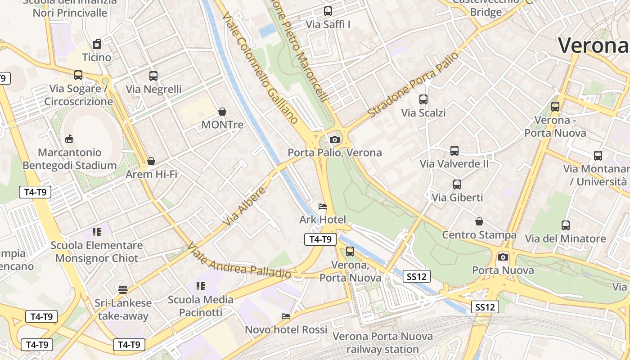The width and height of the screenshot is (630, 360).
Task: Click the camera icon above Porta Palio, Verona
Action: click(334, 139)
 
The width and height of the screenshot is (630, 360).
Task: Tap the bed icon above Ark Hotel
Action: click(323, 207)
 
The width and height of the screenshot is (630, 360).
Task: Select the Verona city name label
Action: click(593, 45)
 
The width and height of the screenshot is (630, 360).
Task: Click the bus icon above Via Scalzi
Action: click(423, 99)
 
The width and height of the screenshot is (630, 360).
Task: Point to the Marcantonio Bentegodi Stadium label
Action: click(70, 159)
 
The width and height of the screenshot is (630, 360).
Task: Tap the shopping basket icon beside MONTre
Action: click(222, 112)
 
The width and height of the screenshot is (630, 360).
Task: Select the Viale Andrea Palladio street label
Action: click(239, 261)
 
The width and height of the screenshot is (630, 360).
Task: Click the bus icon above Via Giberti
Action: click(457, 184)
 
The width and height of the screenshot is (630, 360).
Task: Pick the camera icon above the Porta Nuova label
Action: click(503, 257)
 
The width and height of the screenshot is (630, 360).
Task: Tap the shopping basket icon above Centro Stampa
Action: click(479, 221)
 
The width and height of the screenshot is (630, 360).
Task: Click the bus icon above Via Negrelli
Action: click(153, 76)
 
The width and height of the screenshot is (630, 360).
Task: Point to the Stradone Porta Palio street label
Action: click(413, 85)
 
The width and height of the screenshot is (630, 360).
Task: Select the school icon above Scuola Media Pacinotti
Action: click(201, 286)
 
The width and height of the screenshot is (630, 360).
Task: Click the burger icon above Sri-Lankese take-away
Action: click(123, 289)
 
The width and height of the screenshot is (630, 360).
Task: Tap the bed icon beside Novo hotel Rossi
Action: click(286, 316)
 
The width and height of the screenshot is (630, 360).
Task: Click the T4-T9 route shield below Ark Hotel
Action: click(320, 239)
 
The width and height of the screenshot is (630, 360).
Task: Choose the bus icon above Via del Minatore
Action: click(566, 225)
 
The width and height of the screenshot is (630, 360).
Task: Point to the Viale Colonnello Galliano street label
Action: click(261, 67)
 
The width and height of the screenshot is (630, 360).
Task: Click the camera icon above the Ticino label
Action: click(97, 44)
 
